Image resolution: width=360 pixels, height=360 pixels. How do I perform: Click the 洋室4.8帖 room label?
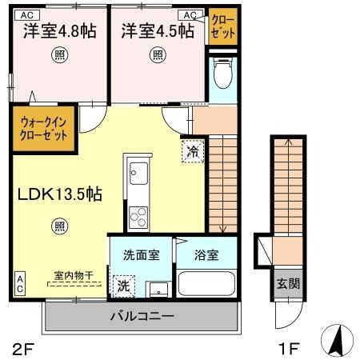click(59, 31)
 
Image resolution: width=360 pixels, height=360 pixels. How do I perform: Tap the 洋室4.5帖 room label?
click(158, 31)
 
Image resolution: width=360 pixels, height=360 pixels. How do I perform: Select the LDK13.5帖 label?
click(55, 194)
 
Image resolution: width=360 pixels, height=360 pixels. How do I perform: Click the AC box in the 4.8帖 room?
click(27, 14)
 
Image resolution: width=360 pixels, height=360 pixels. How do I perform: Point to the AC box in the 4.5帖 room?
click(193, 14)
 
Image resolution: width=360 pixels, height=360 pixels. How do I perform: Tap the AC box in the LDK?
click(19, 282)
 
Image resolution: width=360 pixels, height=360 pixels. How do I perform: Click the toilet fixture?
click(223, 74)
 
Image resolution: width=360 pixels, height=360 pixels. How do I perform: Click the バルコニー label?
click(142, 317)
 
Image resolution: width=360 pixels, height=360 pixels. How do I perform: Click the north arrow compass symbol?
click(335, 342)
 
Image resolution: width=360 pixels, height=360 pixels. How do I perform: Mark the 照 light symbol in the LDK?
click(61, 226)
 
